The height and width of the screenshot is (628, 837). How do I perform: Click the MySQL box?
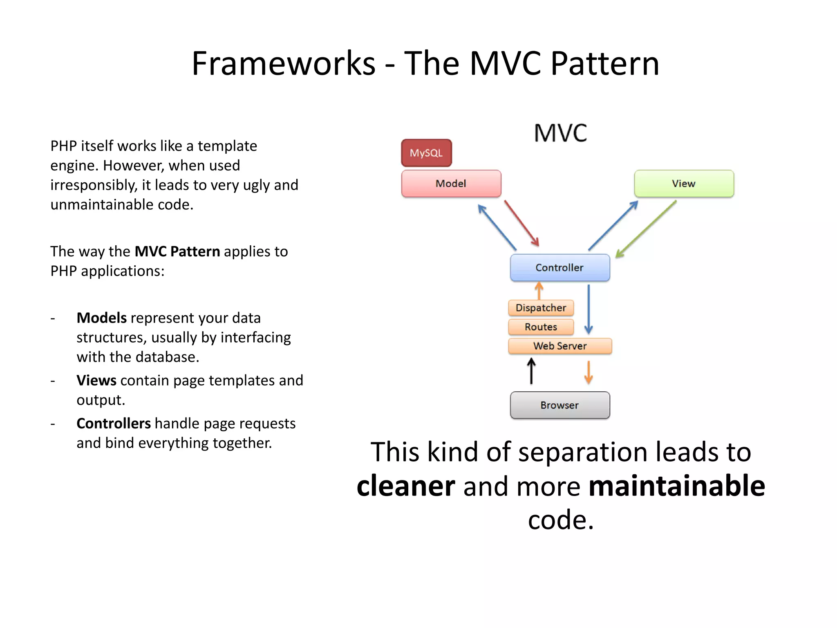[x=426, y=153]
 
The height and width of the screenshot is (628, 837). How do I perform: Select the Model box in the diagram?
[x=451, y=184]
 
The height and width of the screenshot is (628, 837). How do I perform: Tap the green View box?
[x=684, y=184]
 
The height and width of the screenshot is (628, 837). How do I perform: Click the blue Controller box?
[x=559, y=267]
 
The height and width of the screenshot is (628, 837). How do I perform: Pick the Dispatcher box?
[x=541, y=308]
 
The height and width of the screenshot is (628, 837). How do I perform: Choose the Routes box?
[x=541, y=327]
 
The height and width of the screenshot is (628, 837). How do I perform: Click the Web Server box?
[x=559, y=346]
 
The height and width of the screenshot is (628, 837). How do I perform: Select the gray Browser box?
[x=559, y=405]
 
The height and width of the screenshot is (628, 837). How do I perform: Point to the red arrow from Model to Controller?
[x=521, y=223]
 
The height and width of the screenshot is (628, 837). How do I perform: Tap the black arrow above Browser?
[x=531, y=371]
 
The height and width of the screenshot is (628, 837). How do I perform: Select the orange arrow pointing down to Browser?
[x=589, y=372]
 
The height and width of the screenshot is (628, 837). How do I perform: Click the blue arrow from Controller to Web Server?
[x=589, y=309]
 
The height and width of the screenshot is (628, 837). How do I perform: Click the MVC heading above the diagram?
[x=560, y=133]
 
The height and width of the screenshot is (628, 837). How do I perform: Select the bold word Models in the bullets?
[x=101, y=318]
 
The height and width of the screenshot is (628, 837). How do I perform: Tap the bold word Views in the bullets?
[x=96, y=380]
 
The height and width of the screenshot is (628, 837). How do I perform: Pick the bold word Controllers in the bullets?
[x=113, y=423]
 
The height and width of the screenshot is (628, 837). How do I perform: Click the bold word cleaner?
[x=405, y=486]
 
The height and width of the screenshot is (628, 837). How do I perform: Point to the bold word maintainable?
[x=677, y=486]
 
